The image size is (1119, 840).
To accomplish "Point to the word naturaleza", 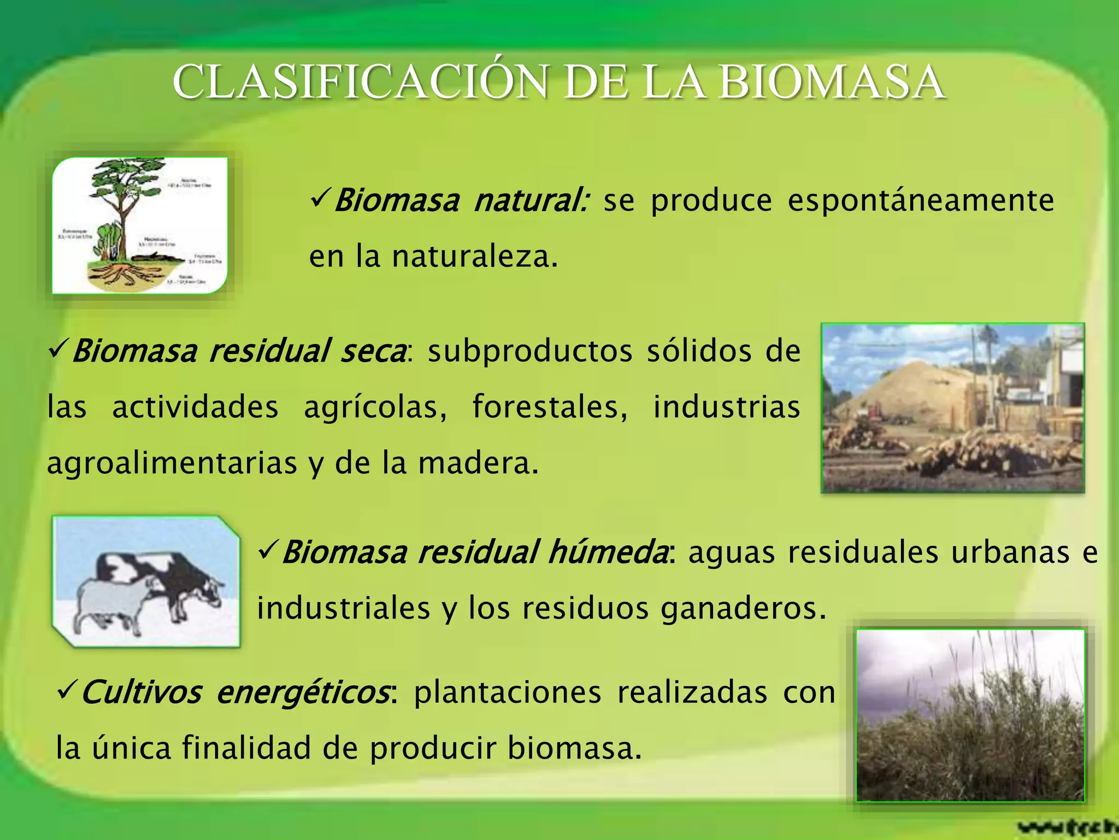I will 474,257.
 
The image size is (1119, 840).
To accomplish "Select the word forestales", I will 550,407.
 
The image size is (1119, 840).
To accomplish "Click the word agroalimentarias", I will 172,464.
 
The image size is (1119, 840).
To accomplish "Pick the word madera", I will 478,464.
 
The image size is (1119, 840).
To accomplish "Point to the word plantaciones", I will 508,692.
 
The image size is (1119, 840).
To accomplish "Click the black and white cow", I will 175,580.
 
